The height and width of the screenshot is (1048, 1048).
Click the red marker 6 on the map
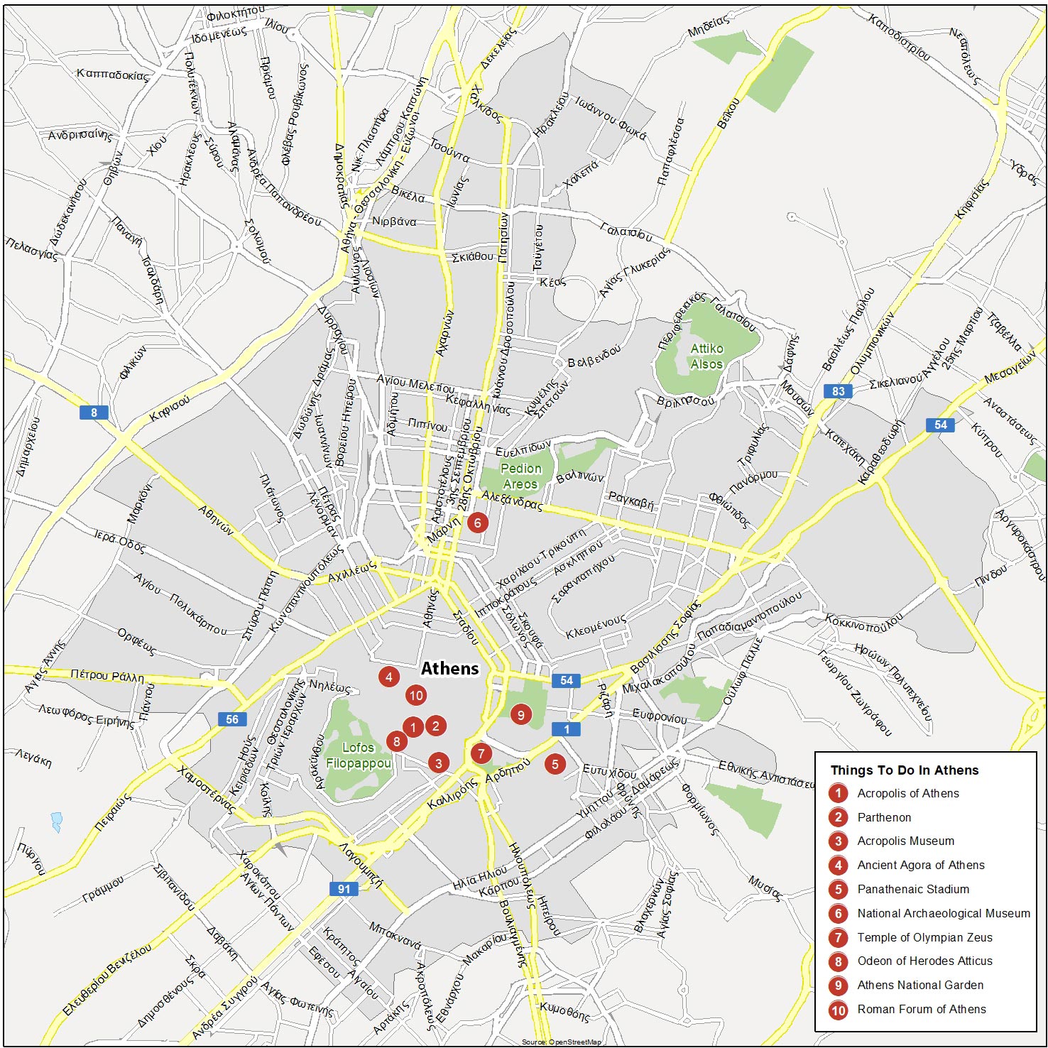click(477, 523)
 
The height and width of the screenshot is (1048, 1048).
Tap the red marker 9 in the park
click(520, 715)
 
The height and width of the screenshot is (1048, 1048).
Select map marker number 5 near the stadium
click(555, 764)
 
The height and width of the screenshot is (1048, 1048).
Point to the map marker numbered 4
click(388, 677)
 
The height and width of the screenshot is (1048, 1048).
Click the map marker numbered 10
click(416, 695)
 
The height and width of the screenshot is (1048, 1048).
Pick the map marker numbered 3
click(439, 763)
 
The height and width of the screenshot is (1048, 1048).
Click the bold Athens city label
click(449, 668)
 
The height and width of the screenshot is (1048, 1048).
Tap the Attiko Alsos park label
click(706, 356)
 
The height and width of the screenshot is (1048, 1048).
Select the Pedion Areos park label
click(520, 476)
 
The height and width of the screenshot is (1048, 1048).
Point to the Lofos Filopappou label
click(358, 755)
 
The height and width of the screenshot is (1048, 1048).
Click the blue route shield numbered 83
click(839, 391)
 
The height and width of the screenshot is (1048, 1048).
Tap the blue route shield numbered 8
click(94, 412)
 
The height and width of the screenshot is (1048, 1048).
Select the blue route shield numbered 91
click(344, 888)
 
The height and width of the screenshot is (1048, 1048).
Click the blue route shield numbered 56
click(232, 719)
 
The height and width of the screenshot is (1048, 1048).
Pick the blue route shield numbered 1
click(566, 729)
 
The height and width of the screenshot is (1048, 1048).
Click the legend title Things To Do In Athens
click(904, 770)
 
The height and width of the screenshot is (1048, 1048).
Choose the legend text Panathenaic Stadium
click(912, 889)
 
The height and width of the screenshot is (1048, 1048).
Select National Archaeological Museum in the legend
click(943, 913)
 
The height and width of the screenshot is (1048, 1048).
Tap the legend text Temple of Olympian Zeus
click(924, 937)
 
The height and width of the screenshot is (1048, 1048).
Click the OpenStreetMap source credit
click(561, 1042)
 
